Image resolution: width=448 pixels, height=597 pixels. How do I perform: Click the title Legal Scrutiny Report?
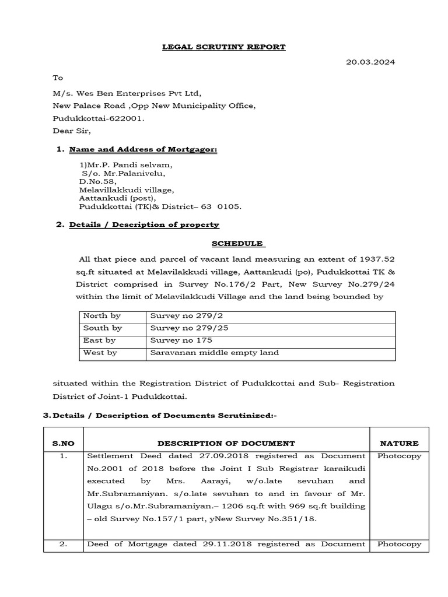[223, 47]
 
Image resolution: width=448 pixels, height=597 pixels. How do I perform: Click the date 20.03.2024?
[371, 62]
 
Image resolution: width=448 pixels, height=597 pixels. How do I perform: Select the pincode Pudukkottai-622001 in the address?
[97, 118]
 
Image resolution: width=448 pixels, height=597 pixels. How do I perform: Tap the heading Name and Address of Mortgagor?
[143, 150]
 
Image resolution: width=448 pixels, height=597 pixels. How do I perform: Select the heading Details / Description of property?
[144, 224]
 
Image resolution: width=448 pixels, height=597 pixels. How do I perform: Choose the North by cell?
[102, 315]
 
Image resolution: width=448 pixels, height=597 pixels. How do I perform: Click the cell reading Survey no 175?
[173, 340]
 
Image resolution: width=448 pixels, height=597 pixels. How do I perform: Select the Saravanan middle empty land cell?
[215, 352]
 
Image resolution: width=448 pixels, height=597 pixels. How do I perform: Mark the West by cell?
[100, 352]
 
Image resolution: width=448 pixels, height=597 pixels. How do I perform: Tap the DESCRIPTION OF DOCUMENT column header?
[226, 443]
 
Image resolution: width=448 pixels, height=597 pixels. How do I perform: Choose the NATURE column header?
[399, 443]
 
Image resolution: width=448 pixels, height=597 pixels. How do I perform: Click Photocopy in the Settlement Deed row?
[399, 456]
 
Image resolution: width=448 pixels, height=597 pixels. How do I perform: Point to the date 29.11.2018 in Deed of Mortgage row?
[216, 544]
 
